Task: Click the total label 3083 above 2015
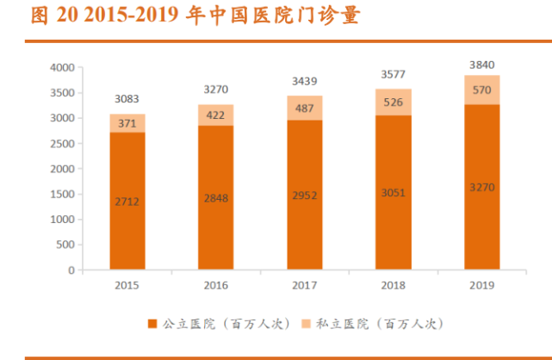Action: tap(127, 101)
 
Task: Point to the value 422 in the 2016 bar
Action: tap(215, 115)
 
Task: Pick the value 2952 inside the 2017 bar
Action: tap(304, 195)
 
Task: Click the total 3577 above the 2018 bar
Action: tap(393, 74)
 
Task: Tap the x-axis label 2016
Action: tap(215, 284)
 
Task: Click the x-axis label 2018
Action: tap(393, 284)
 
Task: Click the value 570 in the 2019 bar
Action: tap(482, 90)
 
